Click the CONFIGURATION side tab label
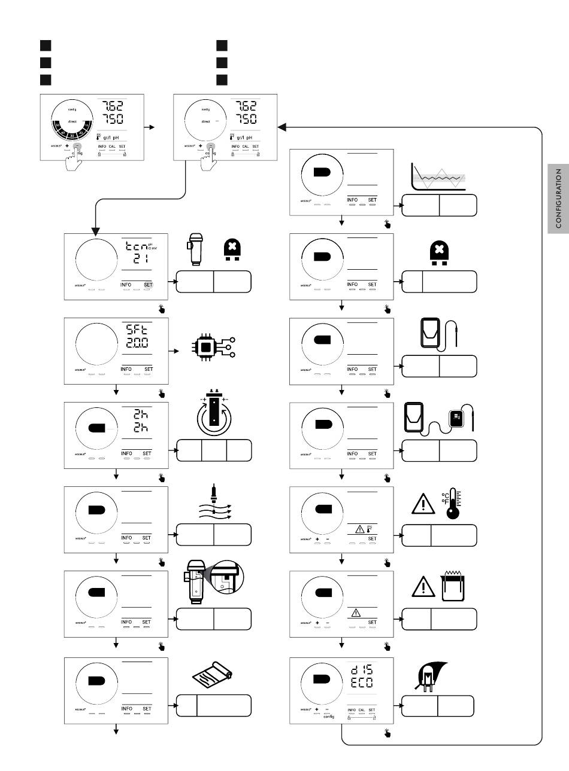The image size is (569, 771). (558, 198)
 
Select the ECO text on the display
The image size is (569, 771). (362, 682)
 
